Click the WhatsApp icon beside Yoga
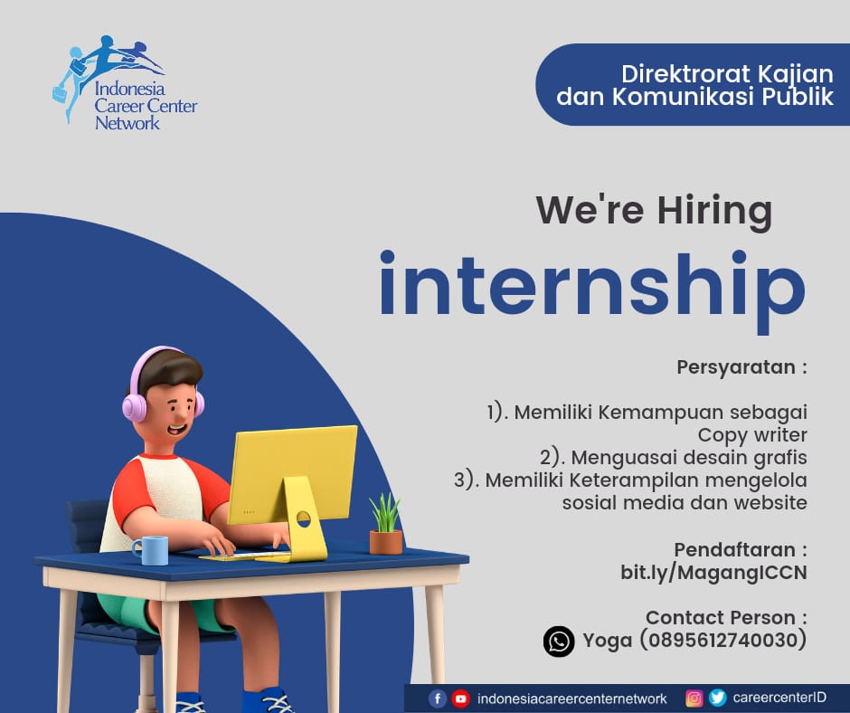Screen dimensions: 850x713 pyautogui.click(x=559, y=642)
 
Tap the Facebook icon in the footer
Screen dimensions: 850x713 pyautogui.click(x=438, y=699)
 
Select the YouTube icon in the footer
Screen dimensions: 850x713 pyautogui.click(x=461, y=699)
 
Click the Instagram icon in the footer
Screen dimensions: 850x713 pyautogui.click(x=694, y=699)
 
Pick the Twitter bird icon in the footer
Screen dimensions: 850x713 pyautogui.click(x=717, y=698)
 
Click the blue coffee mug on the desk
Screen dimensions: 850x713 pyautogui.click(x=150, y=550)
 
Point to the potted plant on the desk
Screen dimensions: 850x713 pyautogui.click(x=386, y=524)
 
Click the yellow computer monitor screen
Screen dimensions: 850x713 pyautogui.click(x=293, y=475)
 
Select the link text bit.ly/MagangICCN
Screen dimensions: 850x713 pyautogui.click(x=713, y=573)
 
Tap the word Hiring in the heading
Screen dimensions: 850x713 pyautogui.click(x=714, y=211)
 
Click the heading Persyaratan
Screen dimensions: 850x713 pyautogui.click(x=736, y=367)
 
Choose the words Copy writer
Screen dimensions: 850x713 pyautogui.click(x=752, y=435)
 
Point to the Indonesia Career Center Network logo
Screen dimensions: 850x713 pyautogui.click(x=125, y=83)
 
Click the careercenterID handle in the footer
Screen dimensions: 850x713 pyautogui.click(x=779, y=698)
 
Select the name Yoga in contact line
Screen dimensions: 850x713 pyautogui.click(x=607, y=642)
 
